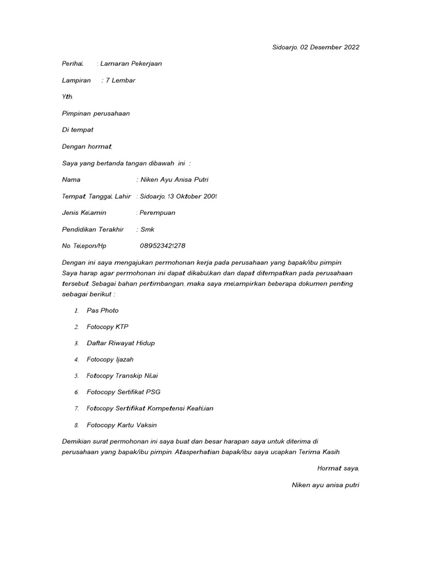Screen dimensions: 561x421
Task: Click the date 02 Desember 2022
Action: coord(330,47)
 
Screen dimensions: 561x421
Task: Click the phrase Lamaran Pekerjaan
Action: coord(131,64)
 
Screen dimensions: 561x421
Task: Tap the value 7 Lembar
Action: coord(121,81)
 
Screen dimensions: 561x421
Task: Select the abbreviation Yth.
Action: coord(67,97)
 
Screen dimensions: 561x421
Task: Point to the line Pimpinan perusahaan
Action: coord(96,113)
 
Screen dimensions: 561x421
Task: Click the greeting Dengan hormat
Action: coord(87,146)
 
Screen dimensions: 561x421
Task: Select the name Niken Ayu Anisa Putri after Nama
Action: coord(175,180)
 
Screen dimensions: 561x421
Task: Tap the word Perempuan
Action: coord(163,213)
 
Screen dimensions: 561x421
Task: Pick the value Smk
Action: coord(147,230)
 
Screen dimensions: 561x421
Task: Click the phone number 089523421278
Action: coord(167,246)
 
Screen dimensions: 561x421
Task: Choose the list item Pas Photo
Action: coord(103,311)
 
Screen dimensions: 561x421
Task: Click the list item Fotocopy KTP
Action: coord(107,327)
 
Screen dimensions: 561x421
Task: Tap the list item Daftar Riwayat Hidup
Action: coord(121,343)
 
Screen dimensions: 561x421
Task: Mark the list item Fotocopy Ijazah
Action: coord(110,359)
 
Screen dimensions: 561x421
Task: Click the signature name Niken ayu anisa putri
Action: coord(326,485)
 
